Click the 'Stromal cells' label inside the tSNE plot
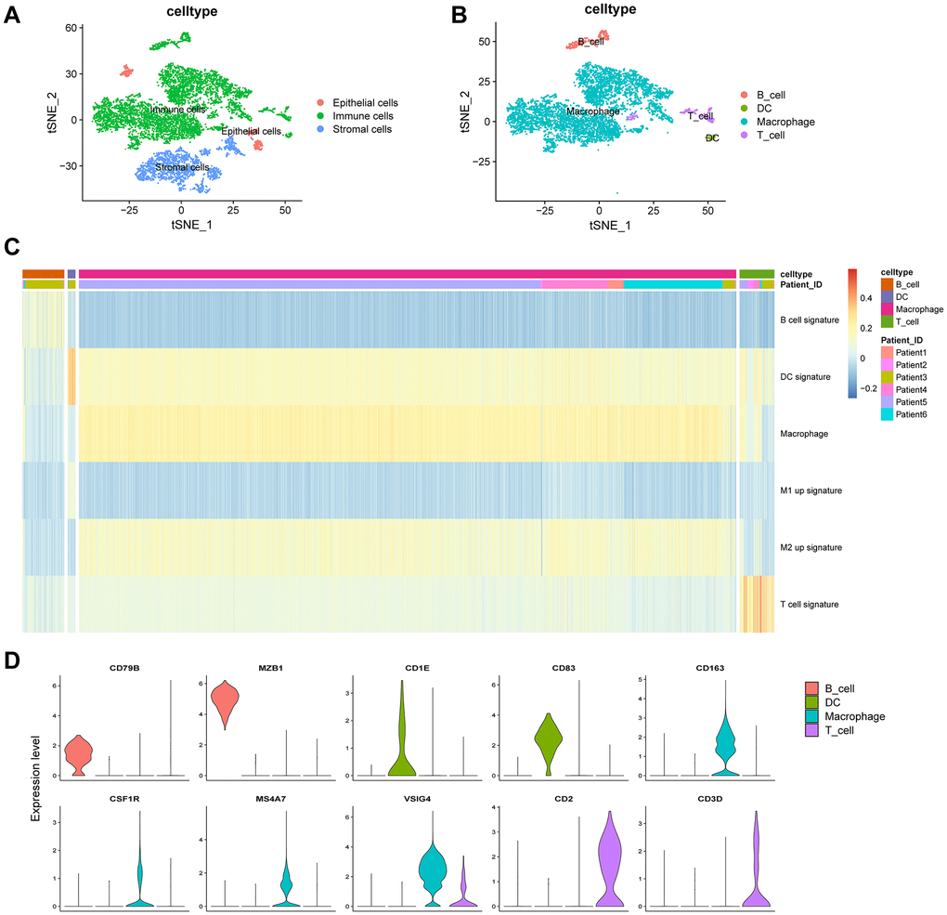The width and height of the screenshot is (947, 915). click(x=182, y=167)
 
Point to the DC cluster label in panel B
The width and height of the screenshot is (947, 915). click(x=712, y=138)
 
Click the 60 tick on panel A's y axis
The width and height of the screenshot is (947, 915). click(x=69, y=29)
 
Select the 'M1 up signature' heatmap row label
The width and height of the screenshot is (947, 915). click(x=811, y=490)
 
